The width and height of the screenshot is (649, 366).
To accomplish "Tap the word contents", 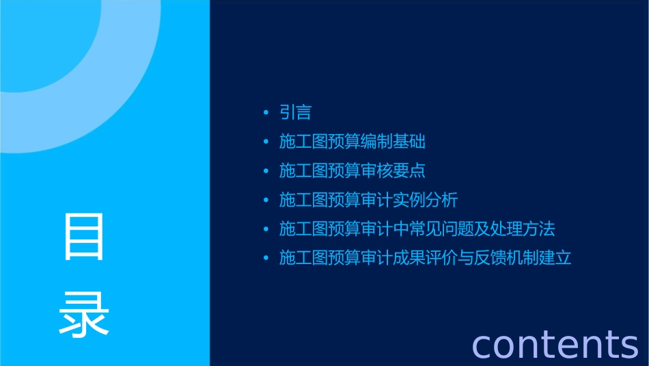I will (555, 343).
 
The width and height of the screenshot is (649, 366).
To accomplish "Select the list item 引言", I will (295, 113).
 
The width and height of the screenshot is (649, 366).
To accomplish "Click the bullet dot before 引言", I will (266, 113).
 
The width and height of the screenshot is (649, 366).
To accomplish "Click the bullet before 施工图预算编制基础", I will (266, 142).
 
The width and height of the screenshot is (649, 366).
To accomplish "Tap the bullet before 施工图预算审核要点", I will (266, 171).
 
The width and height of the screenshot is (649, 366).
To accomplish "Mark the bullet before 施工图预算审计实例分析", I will (266, 200).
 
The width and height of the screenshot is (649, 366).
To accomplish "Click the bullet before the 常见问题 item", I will (266, 228).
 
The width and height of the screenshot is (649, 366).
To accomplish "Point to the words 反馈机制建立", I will (523, 258).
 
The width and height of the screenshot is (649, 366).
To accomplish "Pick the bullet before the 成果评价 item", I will (266, 258).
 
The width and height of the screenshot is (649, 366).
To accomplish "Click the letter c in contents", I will (482, 345).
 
